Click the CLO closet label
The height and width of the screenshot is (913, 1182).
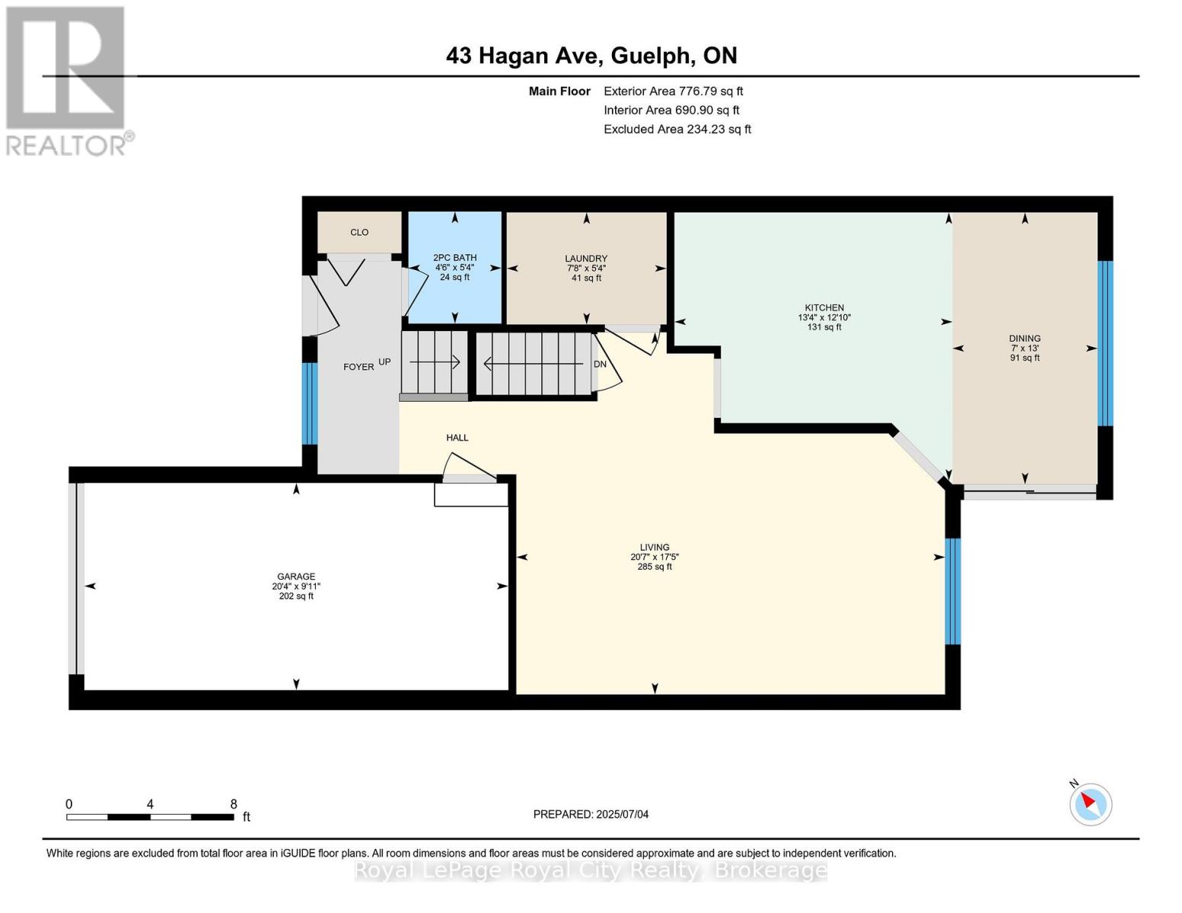359,232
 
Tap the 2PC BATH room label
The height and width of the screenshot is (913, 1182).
454,258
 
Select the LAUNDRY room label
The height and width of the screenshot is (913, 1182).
586,258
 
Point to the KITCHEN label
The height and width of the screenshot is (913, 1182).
824,308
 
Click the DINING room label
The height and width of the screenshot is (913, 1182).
1024,339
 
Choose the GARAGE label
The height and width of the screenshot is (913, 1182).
296,577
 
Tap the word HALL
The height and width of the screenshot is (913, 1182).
457,437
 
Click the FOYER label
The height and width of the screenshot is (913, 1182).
358,367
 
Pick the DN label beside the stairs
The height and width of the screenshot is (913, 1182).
600,364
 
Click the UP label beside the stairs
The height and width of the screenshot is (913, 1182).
384,362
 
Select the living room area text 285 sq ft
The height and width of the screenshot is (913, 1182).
655,567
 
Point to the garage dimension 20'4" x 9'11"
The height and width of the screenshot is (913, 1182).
296,586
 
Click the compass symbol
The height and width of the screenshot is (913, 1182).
1090,805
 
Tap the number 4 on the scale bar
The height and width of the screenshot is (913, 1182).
150,804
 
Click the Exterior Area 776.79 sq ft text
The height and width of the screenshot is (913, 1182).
674,91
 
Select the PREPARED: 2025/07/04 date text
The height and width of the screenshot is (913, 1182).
591,814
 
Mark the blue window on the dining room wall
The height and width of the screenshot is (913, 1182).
1105,344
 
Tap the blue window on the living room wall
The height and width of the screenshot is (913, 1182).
952,591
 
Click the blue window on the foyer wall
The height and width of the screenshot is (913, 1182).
310,403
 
